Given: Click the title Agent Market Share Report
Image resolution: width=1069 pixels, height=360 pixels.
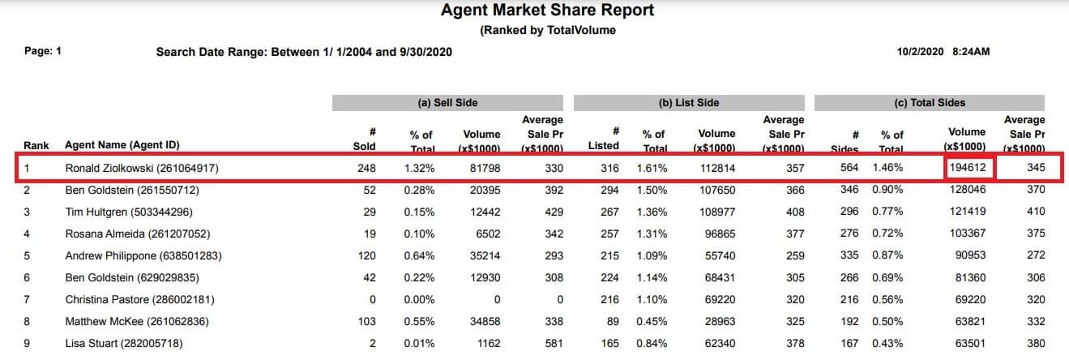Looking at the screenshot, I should pos(547,11).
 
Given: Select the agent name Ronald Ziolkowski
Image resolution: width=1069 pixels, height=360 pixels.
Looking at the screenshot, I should pos(142,169).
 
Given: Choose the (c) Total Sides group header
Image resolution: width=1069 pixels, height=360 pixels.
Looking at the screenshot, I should pos(929,103).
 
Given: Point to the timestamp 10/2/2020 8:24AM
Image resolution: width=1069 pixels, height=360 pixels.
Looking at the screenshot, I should pos(943,52).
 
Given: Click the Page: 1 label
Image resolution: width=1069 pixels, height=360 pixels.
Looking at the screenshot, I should pos(43,51).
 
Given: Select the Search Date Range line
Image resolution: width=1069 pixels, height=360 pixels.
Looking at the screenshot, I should pos(304,52).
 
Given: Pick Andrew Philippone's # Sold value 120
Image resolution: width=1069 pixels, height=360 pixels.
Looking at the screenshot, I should pos(367,256).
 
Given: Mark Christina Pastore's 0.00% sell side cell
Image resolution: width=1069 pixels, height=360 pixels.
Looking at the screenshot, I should pos(420,300).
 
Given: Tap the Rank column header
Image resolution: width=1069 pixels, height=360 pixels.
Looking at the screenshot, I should pos(36,146).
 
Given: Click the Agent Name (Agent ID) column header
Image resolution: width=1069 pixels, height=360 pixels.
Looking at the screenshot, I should pos(122,146).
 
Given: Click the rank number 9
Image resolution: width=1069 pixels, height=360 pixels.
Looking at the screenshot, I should pos(28,344).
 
